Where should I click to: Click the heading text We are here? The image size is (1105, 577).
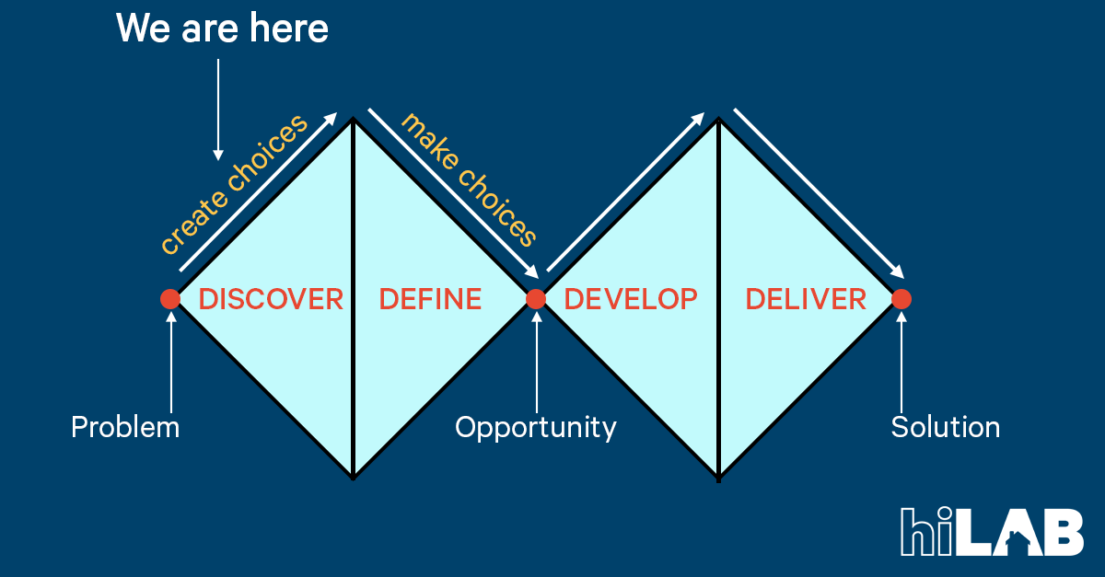(x=222, y=29)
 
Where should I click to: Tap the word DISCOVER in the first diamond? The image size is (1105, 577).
(x=271, y=299)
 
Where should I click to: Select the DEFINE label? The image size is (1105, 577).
(x=430, y=299)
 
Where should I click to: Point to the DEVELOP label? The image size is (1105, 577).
(x=631, y=299)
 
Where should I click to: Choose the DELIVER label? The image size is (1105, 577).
(x=806, y=299)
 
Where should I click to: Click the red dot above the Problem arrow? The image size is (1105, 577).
(x=170, y=299)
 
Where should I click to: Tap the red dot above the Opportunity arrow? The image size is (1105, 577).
(x=536, y=299)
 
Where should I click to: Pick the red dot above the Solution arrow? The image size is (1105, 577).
(x=901, y=299)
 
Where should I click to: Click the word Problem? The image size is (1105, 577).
(x=125, y=428)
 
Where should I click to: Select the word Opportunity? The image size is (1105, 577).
(x=536, y=428)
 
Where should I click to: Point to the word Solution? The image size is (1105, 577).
(x=946, y=428)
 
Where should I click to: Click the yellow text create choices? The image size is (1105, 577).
(x=233, y=185)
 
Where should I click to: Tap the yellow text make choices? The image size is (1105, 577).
(x=469, y=180)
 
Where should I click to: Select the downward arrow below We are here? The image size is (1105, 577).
(x=218, y=109)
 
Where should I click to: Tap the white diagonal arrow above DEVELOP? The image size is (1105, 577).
(x=626, y=192)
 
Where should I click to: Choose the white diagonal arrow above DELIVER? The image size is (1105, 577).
(x=818, y=192)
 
